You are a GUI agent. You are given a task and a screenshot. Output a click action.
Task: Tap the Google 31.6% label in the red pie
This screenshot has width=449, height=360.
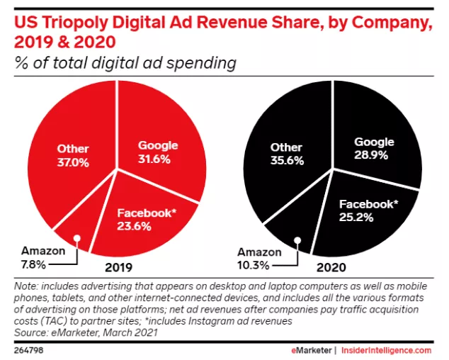157,152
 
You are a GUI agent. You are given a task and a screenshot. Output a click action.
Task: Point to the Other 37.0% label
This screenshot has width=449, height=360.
73,155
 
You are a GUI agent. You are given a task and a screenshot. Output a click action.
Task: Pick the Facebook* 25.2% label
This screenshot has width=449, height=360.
368,210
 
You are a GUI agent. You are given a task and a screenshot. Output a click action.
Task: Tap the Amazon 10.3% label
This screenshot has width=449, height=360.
255,258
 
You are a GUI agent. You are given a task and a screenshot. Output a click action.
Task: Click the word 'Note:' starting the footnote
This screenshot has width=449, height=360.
28,286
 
